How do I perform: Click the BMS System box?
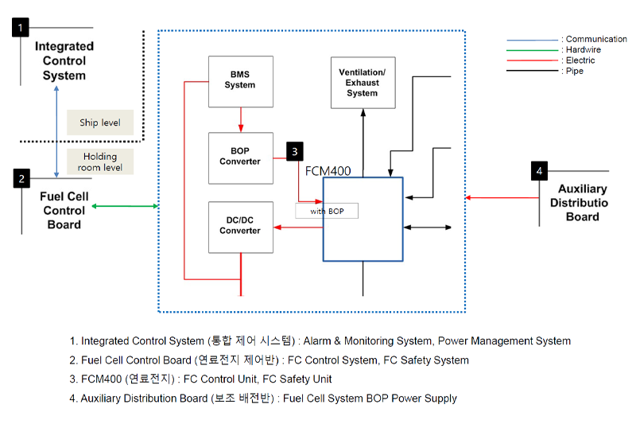[x=240, y=81]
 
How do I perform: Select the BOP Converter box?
[x=240, y=158]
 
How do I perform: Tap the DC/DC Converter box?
[x=240, y=227]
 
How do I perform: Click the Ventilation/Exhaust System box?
[x=362, y=82]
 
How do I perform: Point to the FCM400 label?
[x=328, y=170]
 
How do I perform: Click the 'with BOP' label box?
[x=327, y=211]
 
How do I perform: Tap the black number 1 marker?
[x=21, y=29]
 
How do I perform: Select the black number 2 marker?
[x=21, y=179]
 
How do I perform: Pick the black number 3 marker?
[x=295, y=150]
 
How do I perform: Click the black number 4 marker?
[x=540, y=170]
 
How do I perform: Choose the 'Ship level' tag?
[x=100, y=123]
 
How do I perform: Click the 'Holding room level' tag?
[x=100, y=161]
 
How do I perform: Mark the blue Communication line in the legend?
[x=533, y=39]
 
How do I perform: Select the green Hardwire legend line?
[x=533, y=49]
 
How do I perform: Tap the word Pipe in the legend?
[x=574, y=71]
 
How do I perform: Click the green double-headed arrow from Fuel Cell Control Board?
[x=125, y=206]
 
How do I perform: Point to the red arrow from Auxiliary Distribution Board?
[x=500, y=197]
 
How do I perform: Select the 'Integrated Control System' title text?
[x=64, y=60]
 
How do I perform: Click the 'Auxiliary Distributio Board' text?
[x=582, y=203]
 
